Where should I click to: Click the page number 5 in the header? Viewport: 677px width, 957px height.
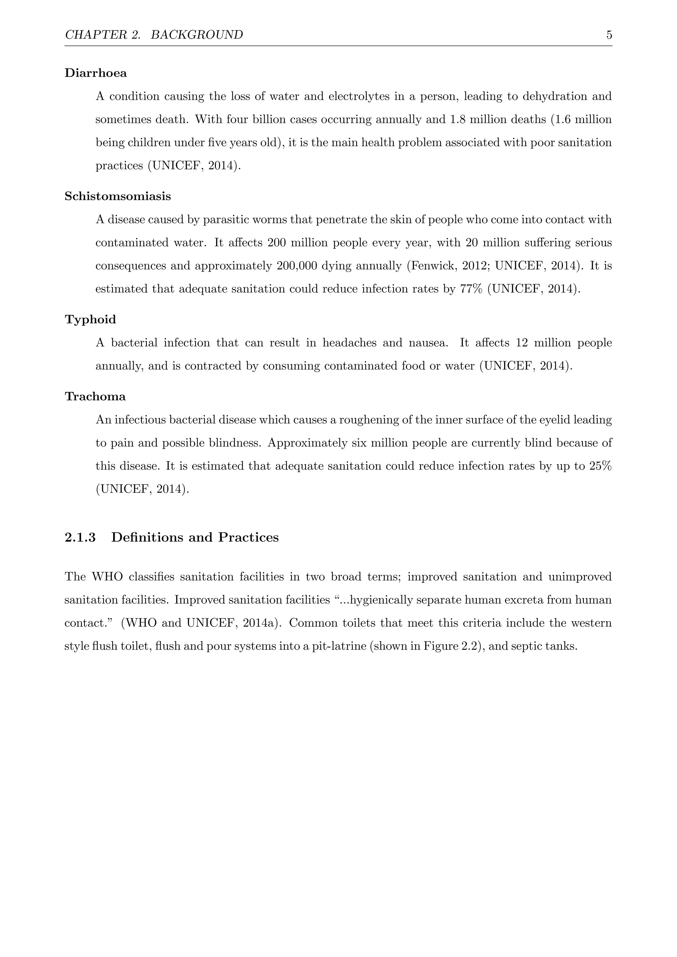[x=609, y=35]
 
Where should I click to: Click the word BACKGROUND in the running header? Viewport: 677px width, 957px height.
[x=197, y=35]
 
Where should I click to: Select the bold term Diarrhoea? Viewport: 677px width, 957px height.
[x=96, y=73]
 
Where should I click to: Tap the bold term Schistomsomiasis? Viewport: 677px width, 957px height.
[x=118, y=196]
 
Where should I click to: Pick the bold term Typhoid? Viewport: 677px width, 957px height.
[x=90, y=320]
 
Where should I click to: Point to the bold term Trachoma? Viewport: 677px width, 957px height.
[x=95, y=397]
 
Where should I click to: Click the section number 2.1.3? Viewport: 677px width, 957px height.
[x=80, y=538]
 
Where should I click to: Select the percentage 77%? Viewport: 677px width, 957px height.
[x=471, y=289]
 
